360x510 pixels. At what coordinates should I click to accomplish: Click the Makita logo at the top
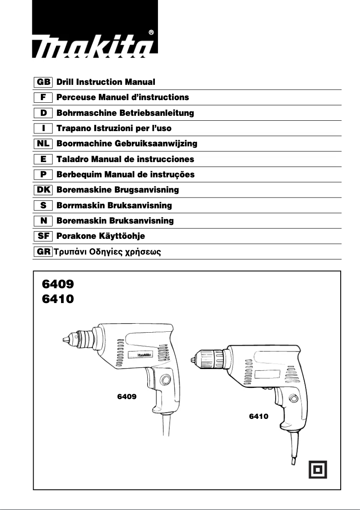click(x=95, y=44)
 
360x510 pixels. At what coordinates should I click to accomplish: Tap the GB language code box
click(x=44, y=82)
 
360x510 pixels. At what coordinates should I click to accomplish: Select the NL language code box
click(x=44, y=144)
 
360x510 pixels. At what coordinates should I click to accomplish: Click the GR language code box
click(x=44, y=251)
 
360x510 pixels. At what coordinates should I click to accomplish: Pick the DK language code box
click(x=44, y=190)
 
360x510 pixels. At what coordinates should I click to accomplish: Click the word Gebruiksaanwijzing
click(x=157, y=144)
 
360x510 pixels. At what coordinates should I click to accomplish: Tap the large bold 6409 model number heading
click(x=57, y=284)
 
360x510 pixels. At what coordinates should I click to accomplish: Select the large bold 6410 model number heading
click(x=57, y=299)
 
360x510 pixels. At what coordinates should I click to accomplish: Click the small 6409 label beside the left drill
click(x=127, y=397)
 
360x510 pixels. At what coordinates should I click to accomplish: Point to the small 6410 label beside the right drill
click(x=259, y=417)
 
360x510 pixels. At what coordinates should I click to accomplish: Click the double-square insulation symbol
click(x=318, y=470)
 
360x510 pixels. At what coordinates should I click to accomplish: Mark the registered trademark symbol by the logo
click(x=151, y=32)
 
